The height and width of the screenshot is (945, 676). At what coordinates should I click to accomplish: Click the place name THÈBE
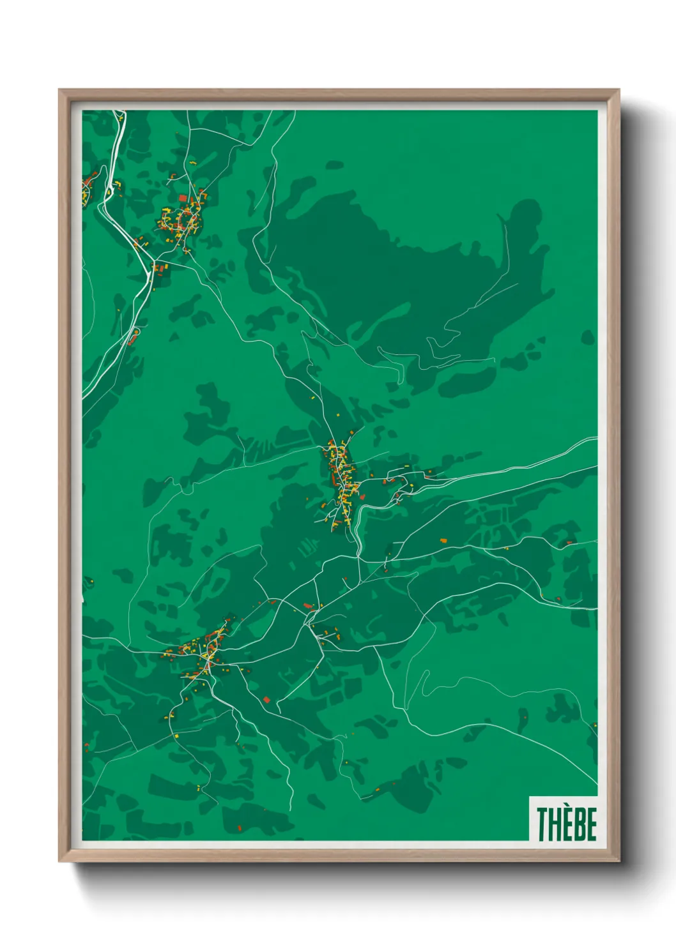pos(566,824)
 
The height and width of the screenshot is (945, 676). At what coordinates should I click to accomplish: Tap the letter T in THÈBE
pos(542,824)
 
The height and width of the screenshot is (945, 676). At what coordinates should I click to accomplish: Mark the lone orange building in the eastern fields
pos(443,541)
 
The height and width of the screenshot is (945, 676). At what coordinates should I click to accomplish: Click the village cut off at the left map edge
pos(88,188)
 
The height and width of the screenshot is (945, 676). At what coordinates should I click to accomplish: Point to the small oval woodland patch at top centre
pos(334,165)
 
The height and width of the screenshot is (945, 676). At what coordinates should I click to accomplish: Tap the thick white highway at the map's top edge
pos(118,116)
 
